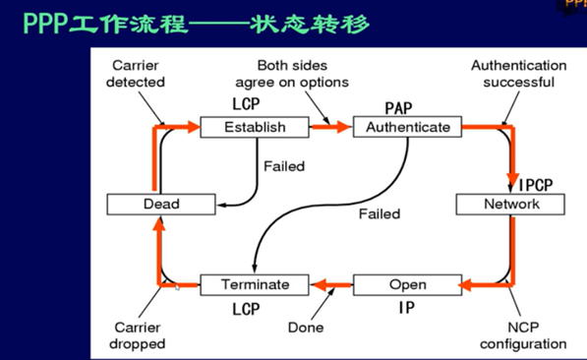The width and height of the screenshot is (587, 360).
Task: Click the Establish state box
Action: click(255, 127)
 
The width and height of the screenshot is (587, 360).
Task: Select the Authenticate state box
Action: click(408, 127)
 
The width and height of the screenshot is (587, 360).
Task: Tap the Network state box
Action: click(511, 204)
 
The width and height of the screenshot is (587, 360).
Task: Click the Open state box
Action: click(407, 284)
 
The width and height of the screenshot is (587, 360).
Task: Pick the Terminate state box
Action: click(255, 284)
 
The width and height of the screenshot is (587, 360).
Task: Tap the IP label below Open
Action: click(405, 307)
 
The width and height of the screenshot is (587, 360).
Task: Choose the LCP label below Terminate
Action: click(246, 309)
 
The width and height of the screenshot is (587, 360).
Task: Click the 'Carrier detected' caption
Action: click(136, 74)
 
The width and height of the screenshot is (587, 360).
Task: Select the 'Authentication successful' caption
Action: click(518, 74)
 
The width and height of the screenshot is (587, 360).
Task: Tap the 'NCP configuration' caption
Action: click(522, 335)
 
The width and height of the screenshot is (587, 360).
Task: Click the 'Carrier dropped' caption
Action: click(138, 335)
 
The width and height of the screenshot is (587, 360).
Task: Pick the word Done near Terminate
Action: click(306, 327)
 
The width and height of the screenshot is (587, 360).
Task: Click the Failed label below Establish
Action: click(284, 166)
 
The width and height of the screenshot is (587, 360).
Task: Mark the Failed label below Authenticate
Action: click(379, 213)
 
